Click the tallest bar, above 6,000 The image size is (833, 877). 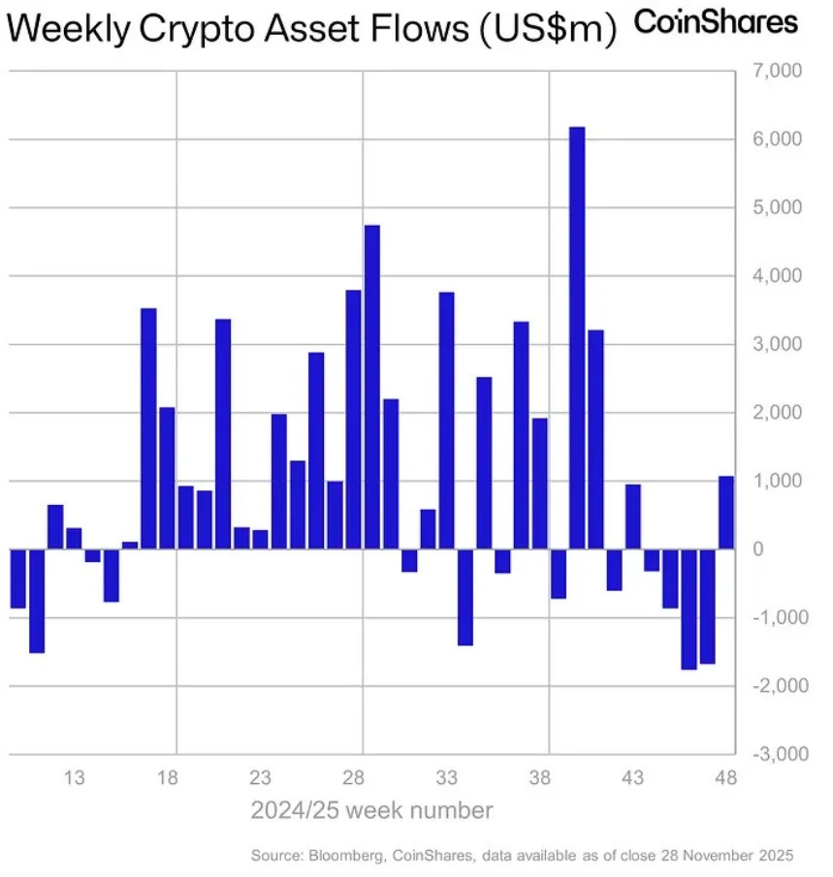point(577,338)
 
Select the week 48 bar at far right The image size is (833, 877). point(725,513)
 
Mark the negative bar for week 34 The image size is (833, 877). point(465,597)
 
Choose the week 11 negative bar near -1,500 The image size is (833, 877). point(37,601)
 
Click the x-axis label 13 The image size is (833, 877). point(75,778)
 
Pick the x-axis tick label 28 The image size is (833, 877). point(354,778)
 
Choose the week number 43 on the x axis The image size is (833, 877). point(633,778)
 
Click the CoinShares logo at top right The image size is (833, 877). point(716,23)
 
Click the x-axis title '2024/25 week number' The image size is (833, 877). point(372,810)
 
